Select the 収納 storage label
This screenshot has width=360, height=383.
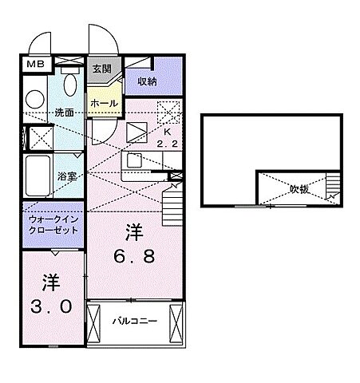tap(146, 81)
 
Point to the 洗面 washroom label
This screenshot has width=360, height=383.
tap(65, 113)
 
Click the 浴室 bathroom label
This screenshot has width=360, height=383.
tap(66, 176)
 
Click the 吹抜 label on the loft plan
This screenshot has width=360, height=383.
tap(299, 189)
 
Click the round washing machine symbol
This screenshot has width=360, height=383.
tap(34, 98)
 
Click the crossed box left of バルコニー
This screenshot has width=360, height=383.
tap(95, 322)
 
